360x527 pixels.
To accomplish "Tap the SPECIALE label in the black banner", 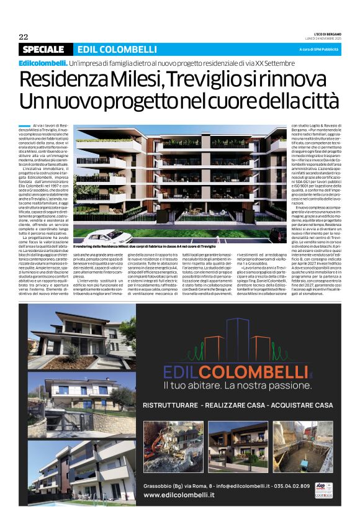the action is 43,50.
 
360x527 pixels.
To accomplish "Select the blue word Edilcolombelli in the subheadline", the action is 43,63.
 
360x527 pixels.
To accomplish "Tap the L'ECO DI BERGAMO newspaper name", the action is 321,34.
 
